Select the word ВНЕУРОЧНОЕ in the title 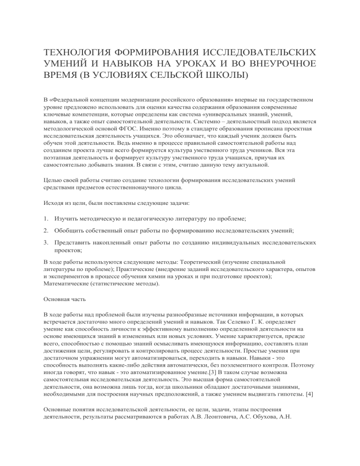pyautogui.click(x=272, y=63)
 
